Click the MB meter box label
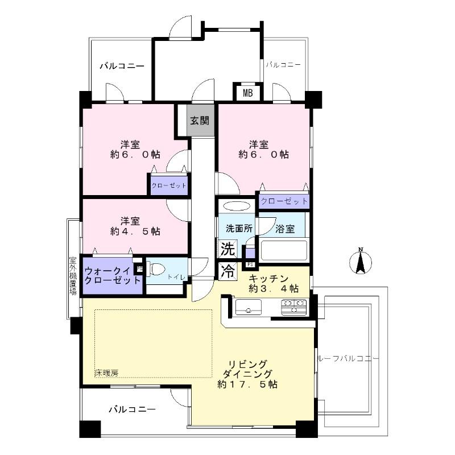point(248,93)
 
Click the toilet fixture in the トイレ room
point(156,268)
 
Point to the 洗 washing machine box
point(227,249)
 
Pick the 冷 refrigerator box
point(227,271)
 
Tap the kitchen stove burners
point(293,308)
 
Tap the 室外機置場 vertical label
point(73,276)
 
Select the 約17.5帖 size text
point(249,384)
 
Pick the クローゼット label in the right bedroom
point(284,201)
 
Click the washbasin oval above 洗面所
point(236,206)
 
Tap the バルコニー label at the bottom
point(131,409)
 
